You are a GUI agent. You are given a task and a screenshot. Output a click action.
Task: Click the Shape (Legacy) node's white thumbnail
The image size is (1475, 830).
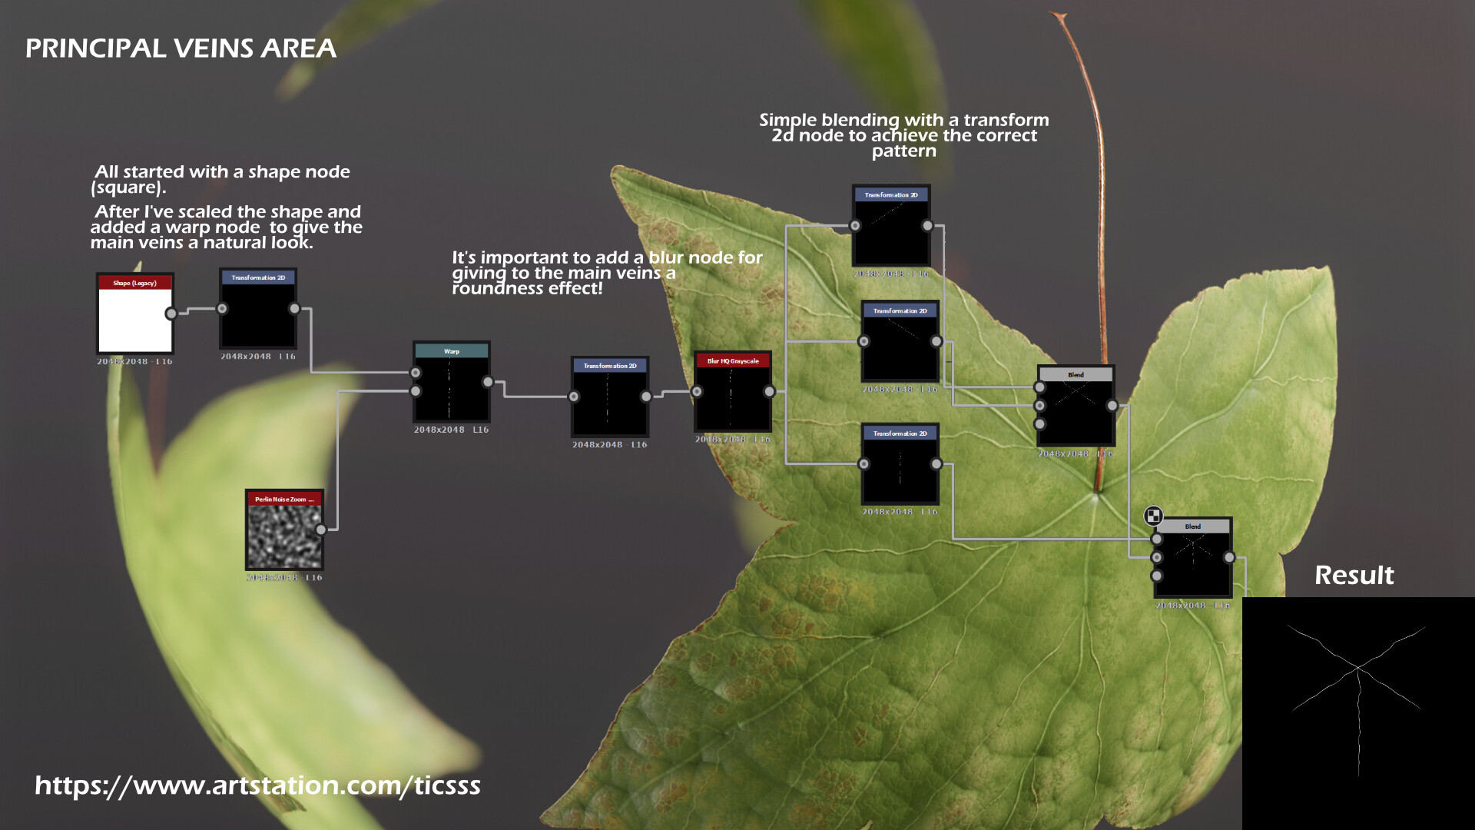click(134, 319)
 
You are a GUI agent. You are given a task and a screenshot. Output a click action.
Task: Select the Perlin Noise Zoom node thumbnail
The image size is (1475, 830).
click(283, 536)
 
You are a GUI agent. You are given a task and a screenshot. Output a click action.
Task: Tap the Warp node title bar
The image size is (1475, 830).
click(451, 351)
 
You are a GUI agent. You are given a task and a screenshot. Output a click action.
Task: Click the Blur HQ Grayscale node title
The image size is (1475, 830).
click(732, 360)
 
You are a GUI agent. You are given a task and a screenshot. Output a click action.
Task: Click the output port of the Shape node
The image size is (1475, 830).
click(171, 314)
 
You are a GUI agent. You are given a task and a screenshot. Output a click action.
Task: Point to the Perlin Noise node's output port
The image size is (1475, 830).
click(321, 530)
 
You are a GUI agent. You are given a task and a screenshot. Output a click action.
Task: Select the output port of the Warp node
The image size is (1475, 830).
click(488, 382)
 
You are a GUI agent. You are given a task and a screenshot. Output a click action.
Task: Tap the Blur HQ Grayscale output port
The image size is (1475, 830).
click(769, 392)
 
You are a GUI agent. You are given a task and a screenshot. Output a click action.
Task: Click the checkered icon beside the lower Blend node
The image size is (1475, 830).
click(1153, 516)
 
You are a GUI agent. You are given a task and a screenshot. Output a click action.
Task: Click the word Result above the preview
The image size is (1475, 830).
click(1354, 575)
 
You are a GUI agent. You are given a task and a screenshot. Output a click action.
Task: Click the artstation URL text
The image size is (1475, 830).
click(257, 785)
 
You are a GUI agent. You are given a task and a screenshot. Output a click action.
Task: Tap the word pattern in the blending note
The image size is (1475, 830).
click(903, 151)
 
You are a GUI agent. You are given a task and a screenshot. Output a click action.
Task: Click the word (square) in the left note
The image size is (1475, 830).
click(128, 188)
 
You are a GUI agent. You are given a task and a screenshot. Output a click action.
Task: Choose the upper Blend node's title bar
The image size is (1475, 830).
click(1076, 375)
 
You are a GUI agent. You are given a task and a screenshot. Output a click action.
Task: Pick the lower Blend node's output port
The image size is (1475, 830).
click(1229, 558)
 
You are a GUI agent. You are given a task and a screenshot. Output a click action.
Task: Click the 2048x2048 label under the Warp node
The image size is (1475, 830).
click(439, 430)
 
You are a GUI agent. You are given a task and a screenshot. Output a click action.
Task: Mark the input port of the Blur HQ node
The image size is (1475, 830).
click(697, 392)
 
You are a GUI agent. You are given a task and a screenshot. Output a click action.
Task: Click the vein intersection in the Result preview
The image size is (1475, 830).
click(1357, 667)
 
